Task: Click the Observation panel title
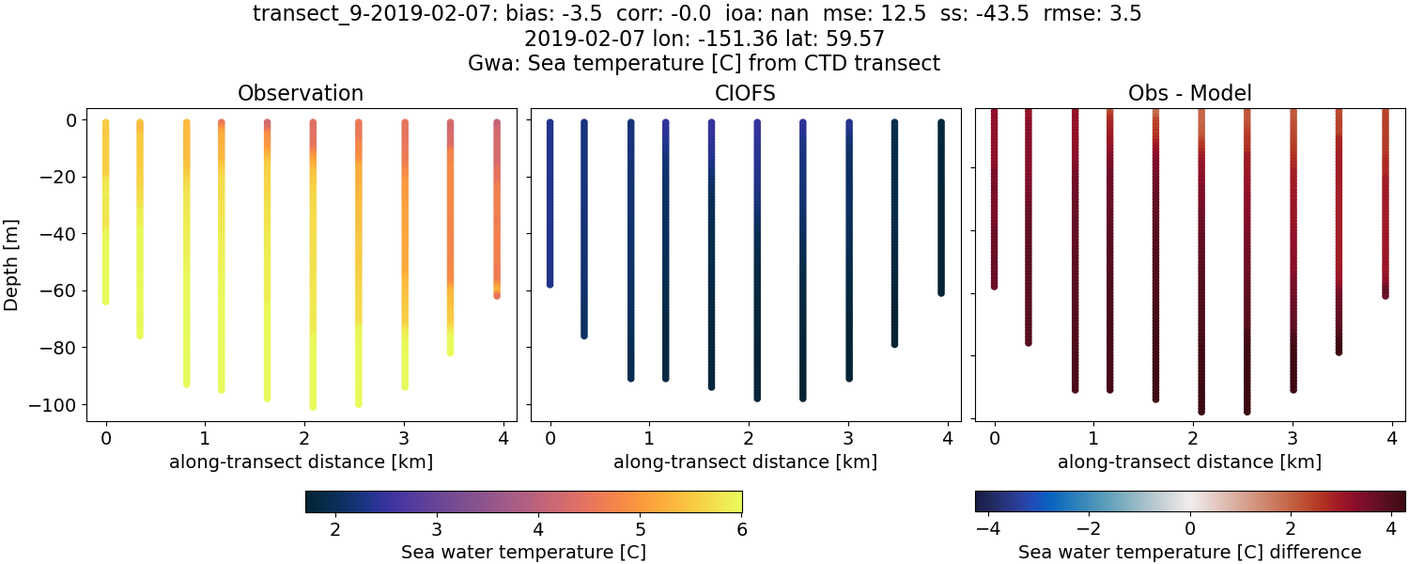(x=301, y=93)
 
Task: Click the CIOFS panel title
(x=745, y=93)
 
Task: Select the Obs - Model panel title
(x=1189, y=93)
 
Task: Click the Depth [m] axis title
(x=12, y=262)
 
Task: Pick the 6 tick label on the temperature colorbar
(x=741, y=529)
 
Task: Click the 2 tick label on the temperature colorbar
(x=335, y=529)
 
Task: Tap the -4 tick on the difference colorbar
(x=986, y=529)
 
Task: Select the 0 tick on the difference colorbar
(x=1190, y=529)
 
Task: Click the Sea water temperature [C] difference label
(x=1189, y=552)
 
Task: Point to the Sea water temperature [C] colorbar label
(x=523, y=552)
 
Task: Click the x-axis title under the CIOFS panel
(x=745, y=462)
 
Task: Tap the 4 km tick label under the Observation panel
(x=503, y=437)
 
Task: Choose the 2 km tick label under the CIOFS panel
(x=749, y=437)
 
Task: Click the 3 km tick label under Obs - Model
(x=1293, y=437)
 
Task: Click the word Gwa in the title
(x=488, y=64)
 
